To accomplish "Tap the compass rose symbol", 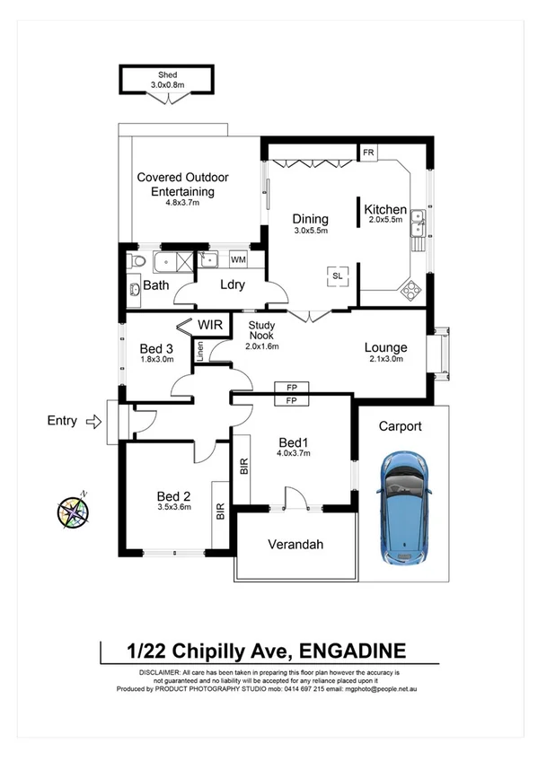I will click(x=73, y=511).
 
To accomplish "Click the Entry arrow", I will click(x=93, y=420).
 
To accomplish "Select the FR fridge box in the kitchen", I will click(x=368, y=153).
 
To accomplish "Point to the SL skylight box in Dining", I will click(x=338, y=276).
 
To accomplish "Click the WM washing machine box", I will click(x=238, y=259).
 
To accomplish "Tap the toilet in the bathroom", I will click(x=136, y=261).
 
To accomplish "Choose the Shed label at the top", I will click(x=167, y=74).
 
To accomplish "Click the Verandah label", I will click(x=295, y=545).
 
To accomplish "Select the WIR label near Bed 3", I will click(x=210, y=324).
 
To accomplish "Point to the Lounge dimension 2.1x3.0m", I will click(x=386, y=360).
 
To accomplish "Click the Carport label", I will click(x=400, y=426).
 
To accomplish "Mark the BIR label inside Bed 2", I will click(x=220, y=512).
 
